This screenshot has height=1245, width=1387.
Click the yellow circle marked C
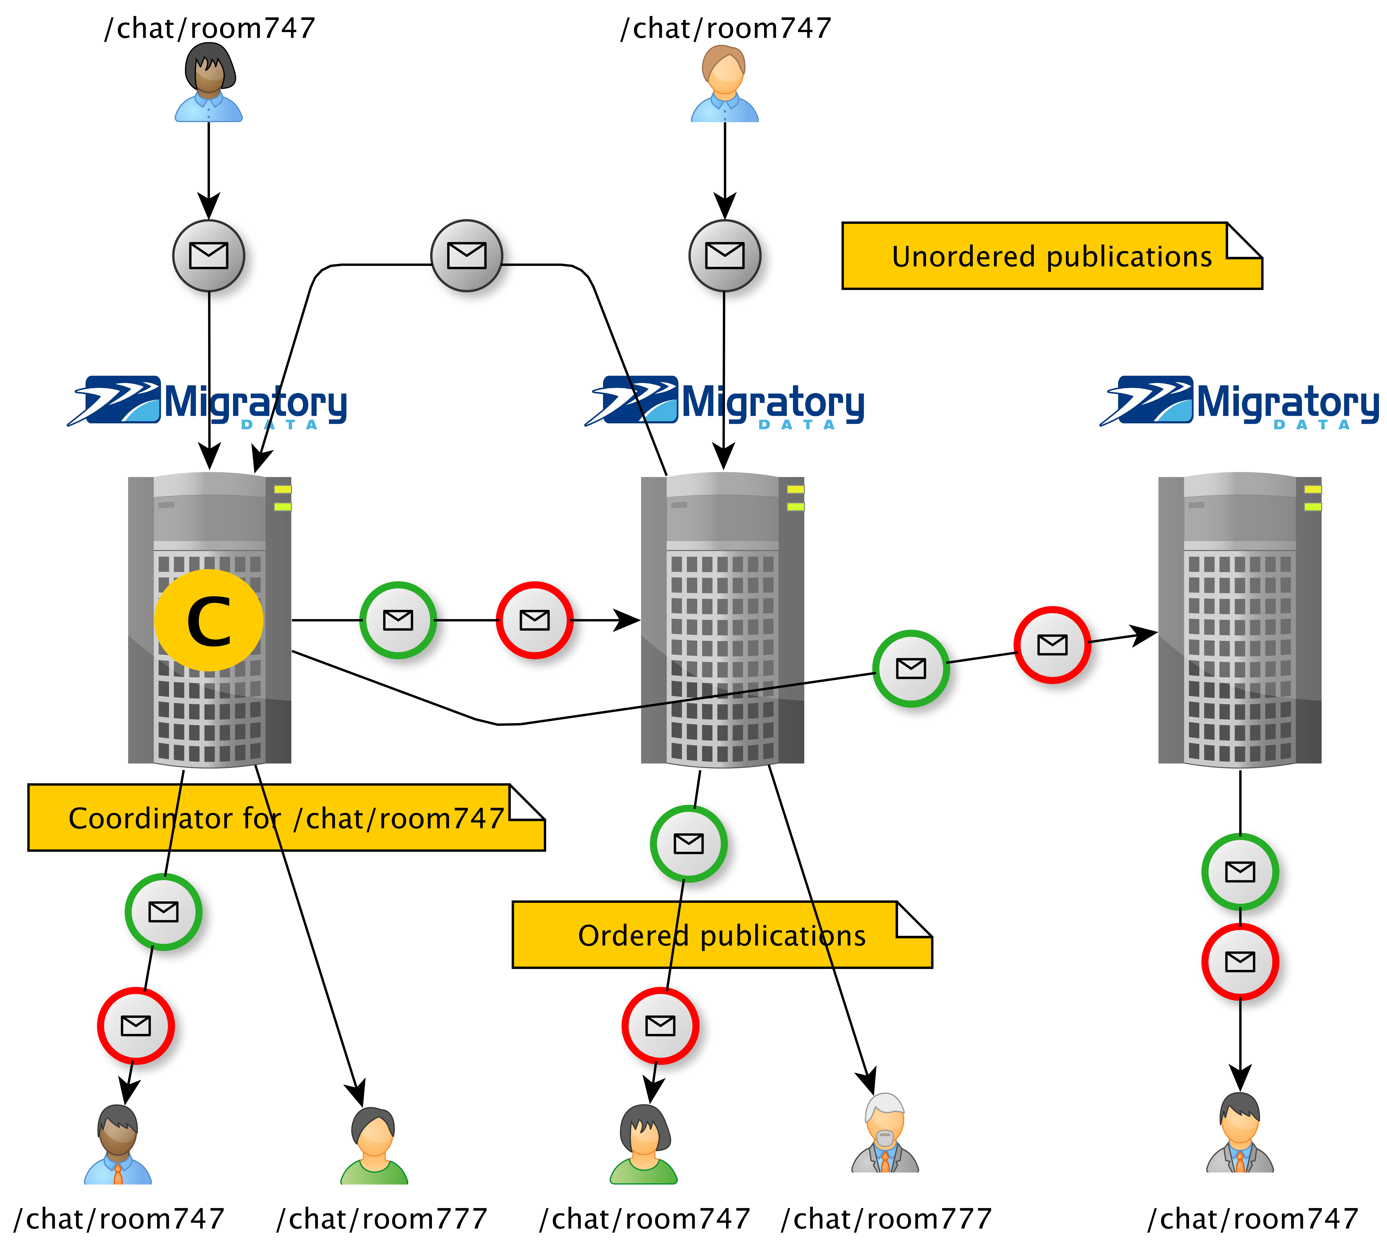tap(209, 620)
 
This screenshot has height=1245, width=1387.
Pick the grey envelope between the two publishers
tap(467, 255)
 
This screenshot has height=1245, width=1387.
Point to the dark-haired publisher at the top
tap(209, 82)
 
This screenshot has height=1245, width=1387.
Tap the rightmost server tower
tap(1239, 619)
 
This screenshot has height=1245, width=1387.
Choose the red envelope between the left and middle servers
tap(534, 620)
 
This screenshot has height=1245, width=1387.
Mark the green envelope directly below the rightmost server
tap(1240, 871)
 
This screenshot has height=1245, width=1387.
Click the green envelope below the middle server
tap(688, 843)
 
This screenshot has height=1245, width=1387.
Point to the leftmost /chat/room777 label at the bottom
tap(382, 1218)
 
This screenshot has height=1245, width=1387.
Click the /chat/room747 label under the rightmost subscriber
tap(1252, 1218)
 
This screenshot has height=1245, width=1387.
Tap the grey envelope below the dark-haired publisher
tap(209, 255)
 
